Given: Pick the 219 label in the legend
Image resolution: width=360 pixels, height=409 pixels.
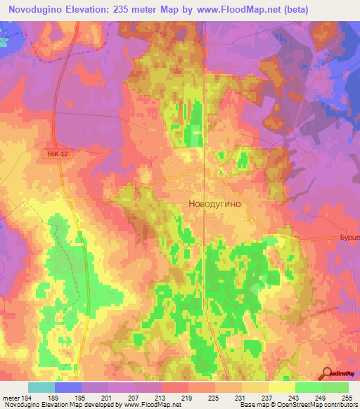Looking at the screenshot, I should (188, 398).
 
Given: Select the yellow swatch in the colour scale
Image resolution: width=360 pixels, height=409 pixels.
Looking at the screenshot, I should (281, 387).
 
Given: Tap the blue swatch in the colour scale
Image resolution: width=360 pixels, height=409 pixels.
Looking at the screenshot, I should (67, 387).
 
